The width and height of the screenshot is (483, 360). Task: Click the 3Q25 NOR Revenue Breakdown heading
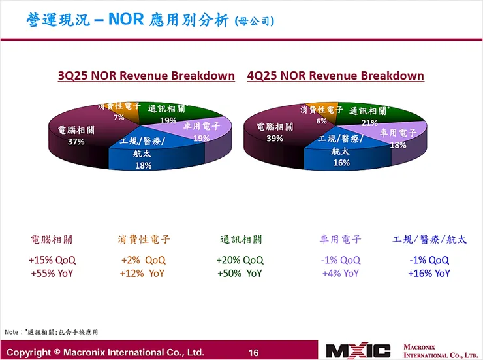click(x=146, y=76)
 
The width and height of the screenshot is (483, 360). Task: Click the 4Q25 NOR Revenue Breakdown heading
click(x=335, y=76)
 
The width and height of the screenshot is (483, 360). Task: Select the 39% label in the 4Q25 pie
click(x=269, y=139)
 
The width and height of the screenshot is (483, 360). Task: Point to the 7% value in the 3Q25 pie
click(x=119, y=118)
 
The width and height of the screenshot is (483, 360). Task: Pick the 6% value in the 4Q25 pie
click(x=321, y=121)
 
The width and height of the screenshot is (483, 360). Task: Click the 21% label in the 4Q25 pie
click(x=369, y=122)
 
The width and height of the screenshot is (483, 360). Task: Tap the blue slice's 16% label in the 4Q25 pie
click(x=341, y=163)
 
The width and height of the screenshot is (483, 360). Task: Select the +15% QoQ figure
click(x=51, y=260)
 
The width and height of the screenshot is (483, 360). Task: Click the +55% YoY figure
click(x=51, y=273)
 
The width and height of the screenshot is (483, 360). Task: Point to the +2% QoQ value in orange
click(x=142, y=260)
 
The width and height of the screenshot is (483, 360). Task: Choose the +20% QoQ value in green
click(x=240, y=260)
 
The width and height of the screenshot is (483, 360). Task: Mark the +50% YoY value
click(x=240, y=273)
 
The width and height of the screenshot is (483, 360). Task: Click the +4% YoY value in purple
click(x=341, y=273)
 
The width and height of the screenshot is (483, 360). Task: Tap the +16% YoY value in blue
click(x=429, y=273)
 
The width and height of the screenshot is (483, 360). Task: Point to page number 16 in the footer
click(x=253, y=352)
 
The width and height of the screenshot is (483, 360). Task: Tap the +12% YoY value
click(x=142, y=273)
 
